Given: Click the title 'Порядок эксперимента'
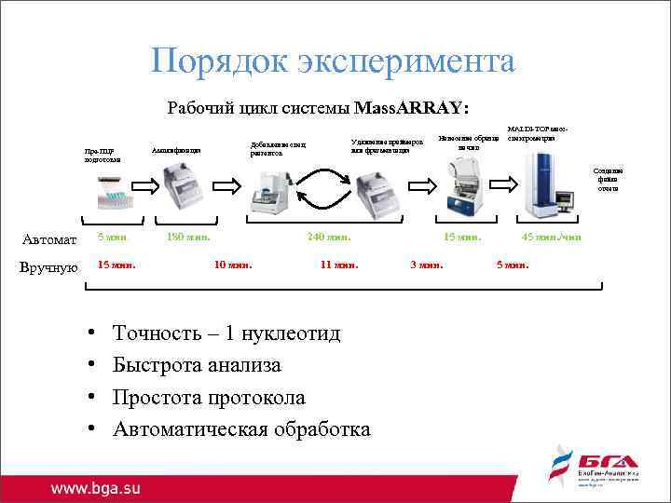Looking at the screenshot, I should (334, 61).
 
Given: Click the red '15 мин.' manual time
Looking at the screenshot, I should (116, 265).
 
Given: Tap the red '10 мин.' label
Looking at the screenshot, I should (233, 265).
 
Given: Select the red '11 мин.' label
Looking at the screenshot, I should (339, 265).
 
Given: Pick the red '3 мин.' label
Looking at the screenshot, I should (427, 265).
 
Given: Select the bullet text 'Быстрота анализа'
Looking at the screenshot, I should (197, 365).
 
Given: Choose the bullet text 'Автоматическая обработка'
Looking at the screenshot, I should (241, 428).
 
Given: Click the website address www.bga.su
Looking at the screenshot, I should (95, 487).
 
